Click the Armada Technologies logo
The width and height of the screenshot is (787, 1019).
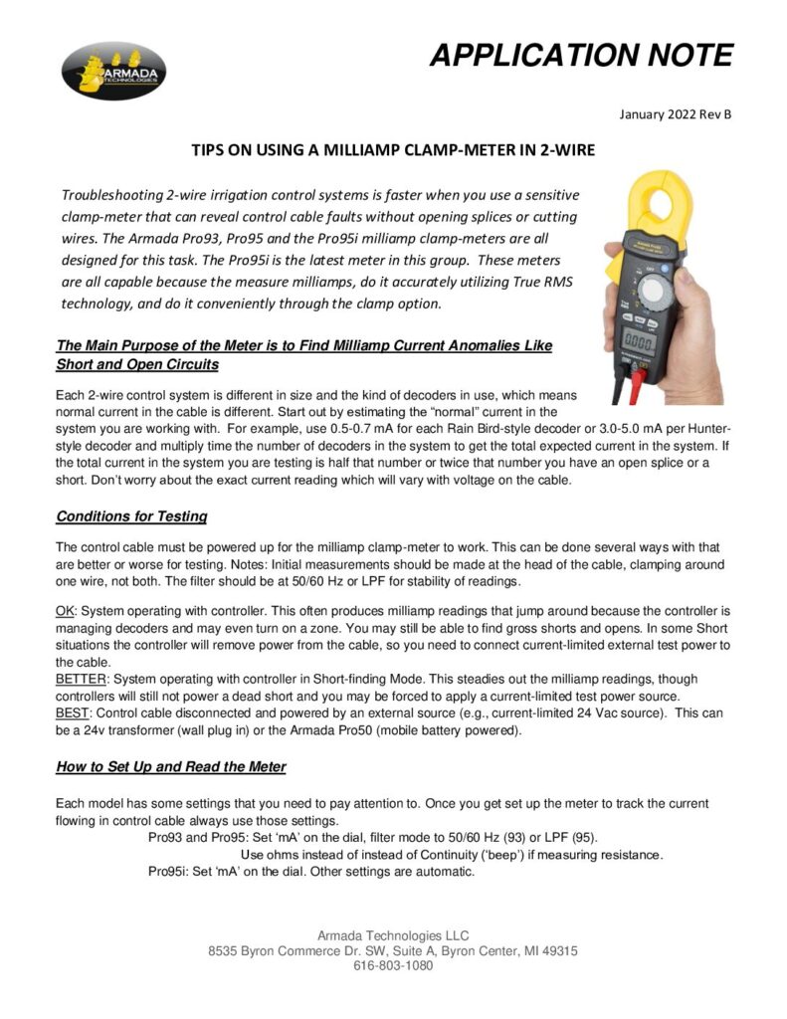pos(113,70)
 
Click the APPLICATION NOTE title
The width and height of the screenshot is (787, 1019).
pos(581,55)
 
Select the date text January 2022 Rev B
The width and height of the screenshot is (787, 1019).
pos(675,114)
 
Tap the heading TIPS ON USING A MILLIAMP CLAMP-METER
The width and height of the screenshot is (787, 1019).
pos(393,151)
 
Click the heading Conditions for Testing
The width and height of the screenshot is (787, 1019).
pos(131,516)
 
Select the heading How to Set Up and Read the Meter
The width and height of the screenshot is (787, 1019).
pos(171,766)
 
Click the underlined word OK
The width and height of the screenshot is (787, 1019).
pos(65,609)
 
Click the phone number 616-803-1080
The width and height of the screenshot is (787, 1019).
pos(393,966)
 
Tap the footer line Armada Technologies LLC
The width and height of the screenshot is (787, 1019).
pos(393,935)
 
